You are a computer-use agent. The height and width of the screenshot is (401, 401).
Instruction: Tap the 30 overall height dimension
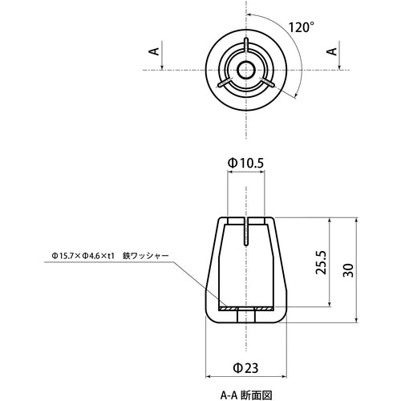click(x=348, y=271)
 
